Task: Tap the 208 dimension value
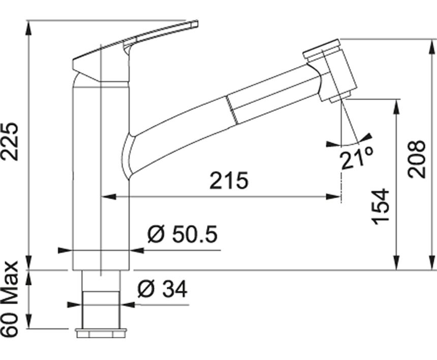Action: point(416,159)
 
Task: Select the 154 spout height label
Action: point(381,207)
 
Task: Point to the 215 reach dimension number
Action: point(229,180)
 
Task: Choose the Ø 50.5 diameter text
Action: point(182,234)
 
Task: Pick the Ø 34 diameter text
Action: point(162,289)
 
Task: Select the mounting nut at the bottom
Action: point(101,333)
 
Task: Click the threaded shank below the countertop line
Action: point(101,299)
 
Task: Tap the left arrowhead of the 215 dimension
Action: point(108,197)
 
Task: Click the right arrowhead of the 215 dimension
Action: point(333,197)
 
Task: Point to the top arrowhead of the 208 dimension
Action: point(433,47)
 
